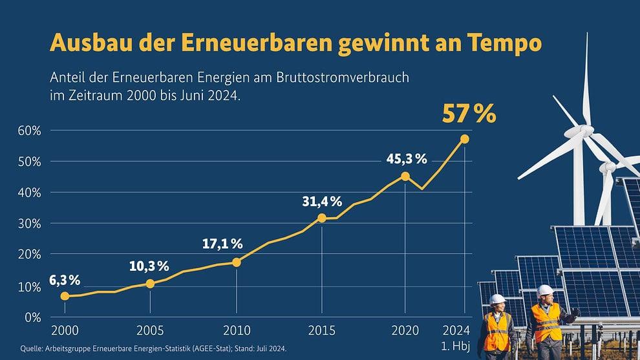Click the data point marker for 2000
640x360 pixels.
[65, 296]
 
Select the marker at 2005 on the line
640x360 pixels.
[150, 284]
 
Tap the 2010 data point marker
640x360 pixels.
[237, 262]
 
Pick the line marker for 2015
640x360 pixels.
[322, 218]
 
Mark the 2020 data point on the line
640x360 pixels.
[405, 176]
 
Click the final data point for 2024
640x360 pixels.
[465, 139]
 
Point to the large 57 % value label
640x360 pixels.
[469, 114]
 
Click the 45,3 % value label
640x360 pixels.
[407, 159]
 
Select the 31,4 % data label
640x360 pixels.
[322, 201]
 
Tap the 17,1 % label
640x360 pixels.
[222, 244]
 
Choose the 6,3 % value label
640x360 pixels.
[65, 281]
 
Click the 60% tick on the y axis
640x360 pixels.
[29, 131]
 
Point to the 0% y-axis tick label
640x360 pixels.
[33, 317]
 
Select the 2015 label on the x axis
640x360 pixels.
[322, 330]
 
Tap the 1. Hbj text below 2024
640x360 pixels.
[456, 346]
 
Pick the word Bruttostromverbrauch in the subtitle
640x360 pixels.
[343, 77]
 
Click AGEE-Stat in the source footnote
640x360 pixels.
[212, 349]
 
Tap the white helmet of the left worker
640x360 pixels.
[498, 300]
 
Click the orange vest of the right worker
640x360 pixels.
[546, 323]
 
